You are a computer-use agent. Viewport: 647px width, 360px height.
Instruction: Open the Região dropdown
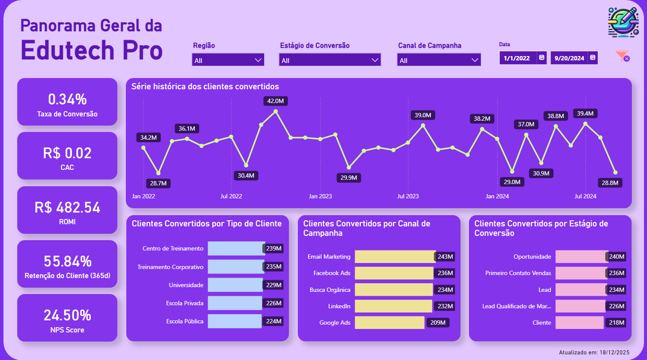click(x=228, y=60)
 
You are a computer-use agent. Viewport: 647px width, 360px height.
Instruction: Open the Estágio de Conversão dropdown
click(x=330, y=60)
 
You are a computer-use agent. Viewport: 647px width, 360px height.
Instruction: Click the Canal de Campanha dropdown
click(x=438, y=60)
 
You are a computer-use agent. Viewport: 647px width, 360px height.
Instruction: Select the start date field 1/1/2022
click(x=517, y=58)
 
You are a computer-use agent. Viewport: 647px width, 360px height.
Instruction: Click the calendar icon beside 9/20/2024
click(x=593, y=58)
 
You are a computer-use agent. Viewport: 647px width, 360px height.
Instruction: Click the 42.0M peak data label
click(x=275, y=101)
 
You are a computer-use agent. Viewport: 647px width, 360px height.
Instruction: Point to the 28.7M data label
click(x=158, y=184)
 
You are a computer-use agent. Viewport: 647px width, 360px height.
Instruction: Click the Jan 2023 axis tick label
click(x=320, y=197)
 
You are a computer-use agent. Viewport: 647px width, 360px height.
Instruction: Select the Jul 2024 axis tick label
click(x=585, y=197)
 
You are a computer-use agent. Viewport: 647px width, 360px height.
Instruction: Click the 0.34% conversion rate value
click(x=67, y=100)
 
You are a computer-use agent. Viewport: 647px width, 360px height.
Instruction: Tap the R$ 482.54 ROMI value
click(x=67, y=208)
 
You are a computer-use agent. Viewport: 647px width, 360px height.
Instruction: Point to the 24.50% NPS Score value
click(x=67, y=316)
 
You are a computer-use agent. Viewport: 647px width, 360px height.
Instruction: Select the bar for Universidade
click(x=235, y=285)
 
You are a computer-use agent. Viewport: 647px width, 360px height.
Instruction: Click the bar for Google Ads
click(x=389, y=322)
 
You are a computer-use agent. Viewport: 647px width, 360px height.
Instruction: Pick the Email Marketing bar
click(x=395, y=257)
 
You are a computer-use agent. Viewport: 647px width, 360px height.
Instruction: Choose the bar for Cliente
click(x=579, y=322)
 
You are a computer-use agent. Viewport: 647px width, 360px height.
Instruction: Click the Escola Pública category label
click(x=184, y=322)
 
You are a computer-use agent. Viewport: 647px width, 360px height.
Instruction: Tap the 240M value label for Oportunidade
click(x=616, y=257)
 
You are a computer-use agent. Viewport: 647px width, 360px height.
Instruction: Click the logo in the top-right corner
click(x=623, y=22)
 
